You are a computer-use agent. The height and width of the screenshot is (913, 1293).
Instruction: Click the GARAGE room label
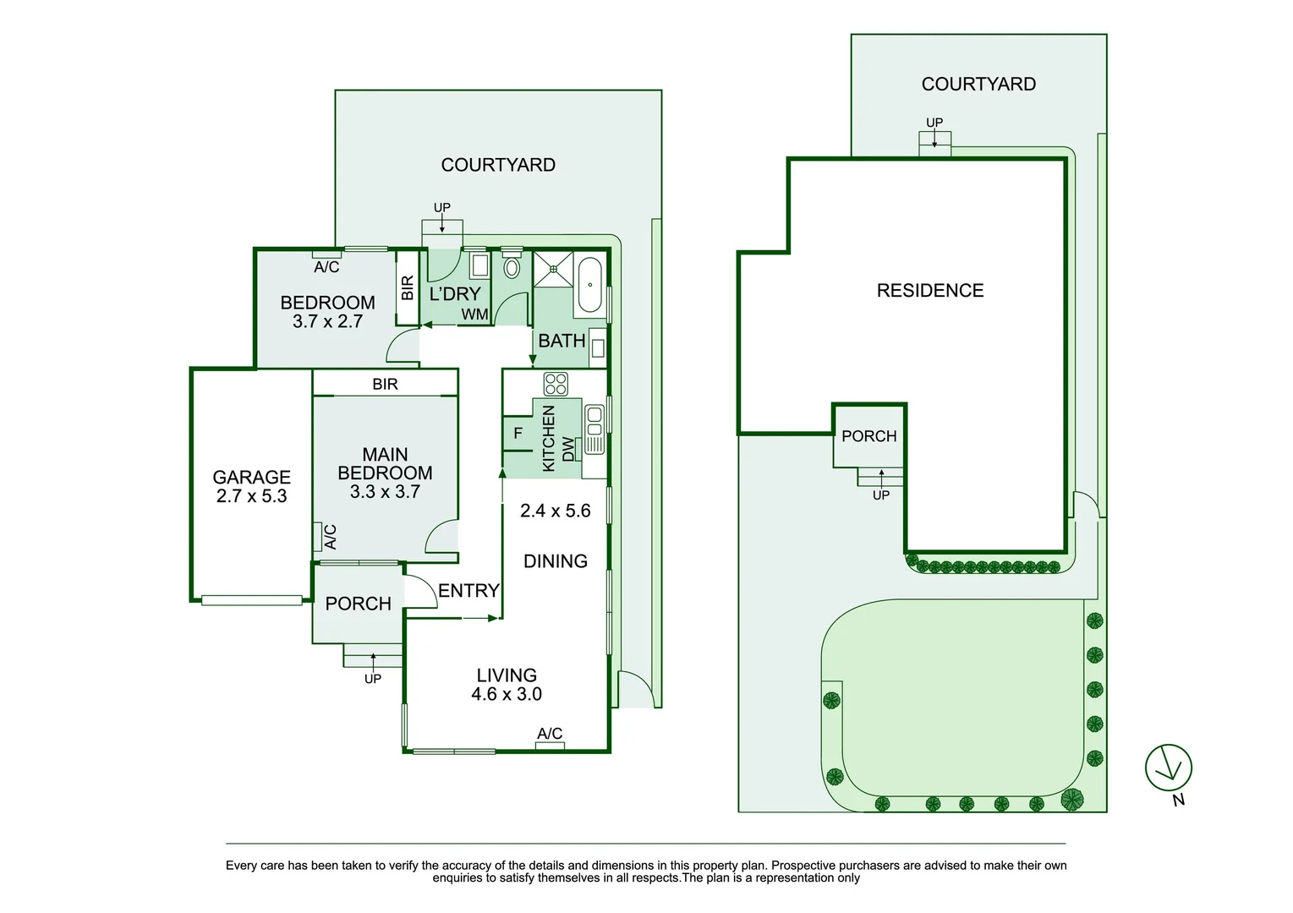[x=251, y=477]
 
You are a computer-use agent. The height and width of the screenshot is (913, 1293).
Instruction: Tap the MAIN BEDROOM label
[x=385, y=464]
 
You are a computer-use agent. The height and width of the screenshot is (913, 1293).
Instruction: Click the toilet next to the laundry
[x=512, y=268]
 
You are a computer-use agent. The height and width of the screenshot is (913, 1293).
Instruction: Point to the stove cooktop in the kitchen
[x=556, y=384]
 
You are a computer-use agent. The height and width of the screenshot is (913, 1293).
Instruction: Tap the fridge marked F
[x=518, y=433]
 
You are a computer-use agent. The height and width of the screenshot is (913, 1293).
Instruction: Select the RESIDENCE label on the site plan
[x=930, y=291]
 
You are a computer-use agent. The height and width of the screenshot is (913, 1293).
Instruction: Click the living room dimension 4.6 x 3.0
[x=507, y=694]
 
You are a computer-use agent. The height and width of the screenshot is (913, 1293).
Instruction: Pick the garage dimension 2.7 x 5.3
[x=251, y=496]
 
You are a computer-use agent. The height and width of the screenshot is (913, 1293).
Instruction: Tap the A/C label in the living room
[x=550, y=734]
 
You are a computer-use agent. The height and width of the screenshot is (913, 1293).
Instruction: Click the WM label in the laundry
[x=474, y=314]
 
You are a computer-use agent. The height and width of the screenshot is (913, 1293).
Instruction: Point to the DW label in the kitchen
[x=568, y=449]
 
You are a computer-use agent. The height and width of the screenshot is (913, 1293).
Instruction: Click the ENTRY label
[x=468, y=590]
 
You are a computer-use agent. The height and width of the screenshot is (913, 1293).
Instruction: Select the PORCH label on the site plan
[x=868, y=436]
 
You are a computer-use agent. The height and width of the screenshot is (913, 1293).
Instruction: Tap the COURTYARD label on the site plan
[x=978, y=84]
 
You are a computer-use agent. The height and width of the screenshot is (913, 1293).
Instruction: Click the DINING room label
[x=556, y=561]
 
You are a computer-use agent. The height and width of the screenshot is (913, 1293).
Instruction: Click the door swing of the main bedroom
[x=441, y=538]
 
